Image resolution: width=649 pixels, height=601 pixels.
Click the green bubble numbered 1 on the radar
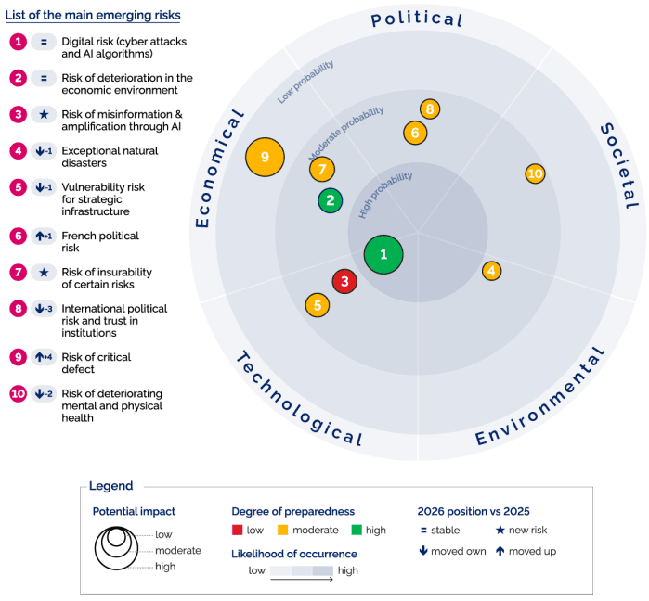pyautogui.click(x=383, y=254)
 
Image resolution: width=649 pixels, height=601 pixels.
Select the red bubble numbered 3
pyautogui.click(x=344, y=281)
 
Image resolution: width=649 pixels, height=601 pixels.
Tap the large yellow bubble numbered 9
pyautogui.click(x=265, y=158)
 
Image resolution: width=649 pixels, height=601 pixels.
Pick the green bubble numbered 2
pyautogui.click(x=330, y=200)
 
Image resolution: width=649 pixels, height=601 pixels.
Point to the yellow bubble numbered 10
pyautogui.click(x=535, y=173)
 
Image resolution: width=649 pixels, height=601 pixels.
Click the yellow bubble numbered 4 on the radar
pyautogui.click(x=492, y=271)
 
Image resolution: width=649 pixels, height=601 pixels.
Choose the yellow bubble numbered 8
pyautogui.click(x=430, y=109)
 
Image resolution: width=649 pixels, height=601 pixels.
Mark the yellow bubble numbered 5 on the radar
pyautogui.click(x=318, y=304)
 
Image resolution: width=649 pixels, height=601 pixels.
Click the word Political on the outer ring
pyautogui.click(x=417, y=19)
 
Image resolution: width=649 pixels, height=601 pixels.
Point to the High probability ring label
pyautogui.click(x=385, y=194)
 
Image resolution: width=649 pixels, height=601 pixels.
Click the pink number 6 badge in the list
pyautogui.click(x=18, y=236)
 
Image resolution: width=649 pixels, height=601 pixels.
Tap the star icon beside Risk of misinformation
pyautogui.click(x=44, y=114)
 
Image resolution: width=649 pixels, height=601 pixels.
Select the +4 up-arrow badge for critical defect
pyautogui.click(x=44, y=357)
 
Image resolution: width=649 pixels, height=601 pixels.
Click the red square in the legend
pyautogui.click(x=238, y=531)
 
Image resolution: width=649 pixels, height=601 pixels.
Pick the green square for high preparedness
pyautogui.click(x=357, y=531)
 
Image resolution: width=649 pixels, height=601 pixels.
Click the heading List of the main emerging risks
pyautogui.click(x=93, y=16)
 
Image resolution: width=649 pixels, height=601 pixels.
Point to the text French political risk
pyautogui.click(x=100, y=236)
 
